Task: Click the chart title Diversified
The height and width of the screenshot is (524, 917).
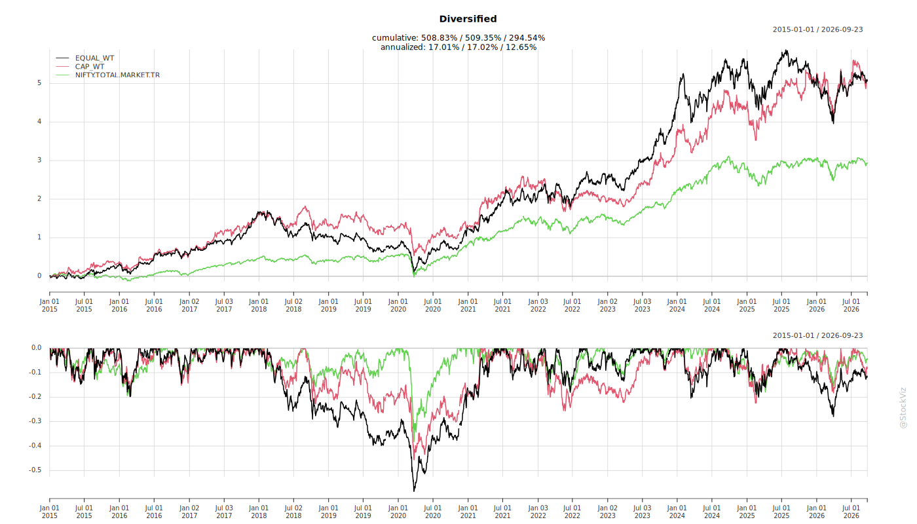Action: pyautogui.click(x=468, y=19)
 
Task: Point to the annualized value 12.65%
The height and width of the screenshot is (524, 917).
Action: pyautogui.click(x=521, y=47)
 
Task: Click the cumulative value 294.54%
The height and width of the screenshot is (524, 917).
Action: pyautogui.click(x=527, y=38)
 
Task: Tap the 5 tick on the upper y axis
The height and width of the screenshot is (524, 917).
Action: pyautogui.click(x=39, y=83)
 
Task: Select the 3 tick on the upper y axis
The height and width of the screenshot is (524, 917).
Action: pyautogui.click(x=39, y=160)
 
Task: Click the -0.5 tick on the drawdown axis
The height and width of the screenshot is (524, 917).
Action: pyautogui.click(x=35, y=470)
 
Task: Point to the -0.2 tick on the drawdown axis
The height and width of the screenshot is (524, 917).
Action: pyautogui.click(x=35, y=397)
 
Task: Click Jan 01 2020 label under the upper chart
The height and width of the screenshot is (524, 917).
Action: pyautogui.click(x=398, y=305)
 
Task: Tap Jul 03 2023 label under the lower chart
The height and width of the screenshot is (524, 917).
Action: pyautogui.click(x=643, y=512)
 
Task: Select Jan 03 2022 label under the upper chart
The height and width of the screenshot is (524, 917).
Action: pyautogui.click(x=538, y=305)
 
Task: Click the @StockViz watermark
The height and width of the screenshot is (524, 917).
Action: pyautogui.click(x=903, y=408)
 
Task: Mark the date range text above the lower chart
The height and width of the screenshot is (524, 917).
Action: pyautogui.click(x=817, y=335)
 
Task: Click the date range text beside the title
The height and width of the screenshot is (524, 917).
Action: pyautogui.click(x=817, y=30)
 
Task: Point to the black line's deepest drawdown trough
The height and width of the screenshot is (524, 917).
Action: pyautogui.click(x=414, y=491)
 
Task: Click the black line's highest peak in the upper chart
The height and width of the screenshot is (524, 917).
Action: pyautogui.click(x=786, y=51)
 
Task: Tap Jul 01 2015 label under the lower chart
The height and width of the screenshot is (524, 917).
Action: pyautogui.click(x=84, y=512)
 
